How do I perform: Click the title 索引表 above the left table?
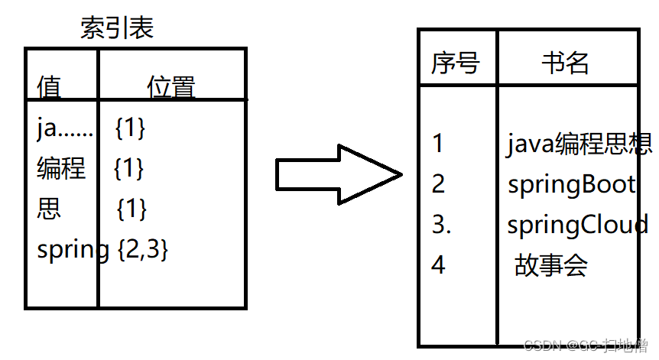117,28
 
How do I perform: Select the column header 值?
49,86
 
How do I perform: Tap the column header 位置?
170,86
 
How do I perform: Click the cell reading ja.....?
64,128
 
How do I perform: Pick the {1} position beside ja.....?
129,128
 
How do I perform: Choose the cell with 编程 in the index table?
61,168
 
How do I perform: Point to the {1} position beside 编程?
128,168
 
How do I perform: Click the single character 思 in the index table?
49,209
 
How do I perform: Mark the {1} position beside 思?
131,209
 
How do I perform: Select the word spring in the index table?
73,250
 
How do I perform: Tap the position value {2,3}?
143,249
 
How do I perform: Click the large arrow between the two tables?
337,175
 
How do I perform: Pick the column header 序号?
455,63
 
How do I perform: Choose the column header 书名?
566,63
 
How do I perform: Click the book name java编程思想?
579,144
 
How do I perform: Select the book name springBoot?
571,185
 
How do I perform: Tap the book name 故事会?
550,266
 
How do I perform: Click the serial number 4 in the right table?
438,266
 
